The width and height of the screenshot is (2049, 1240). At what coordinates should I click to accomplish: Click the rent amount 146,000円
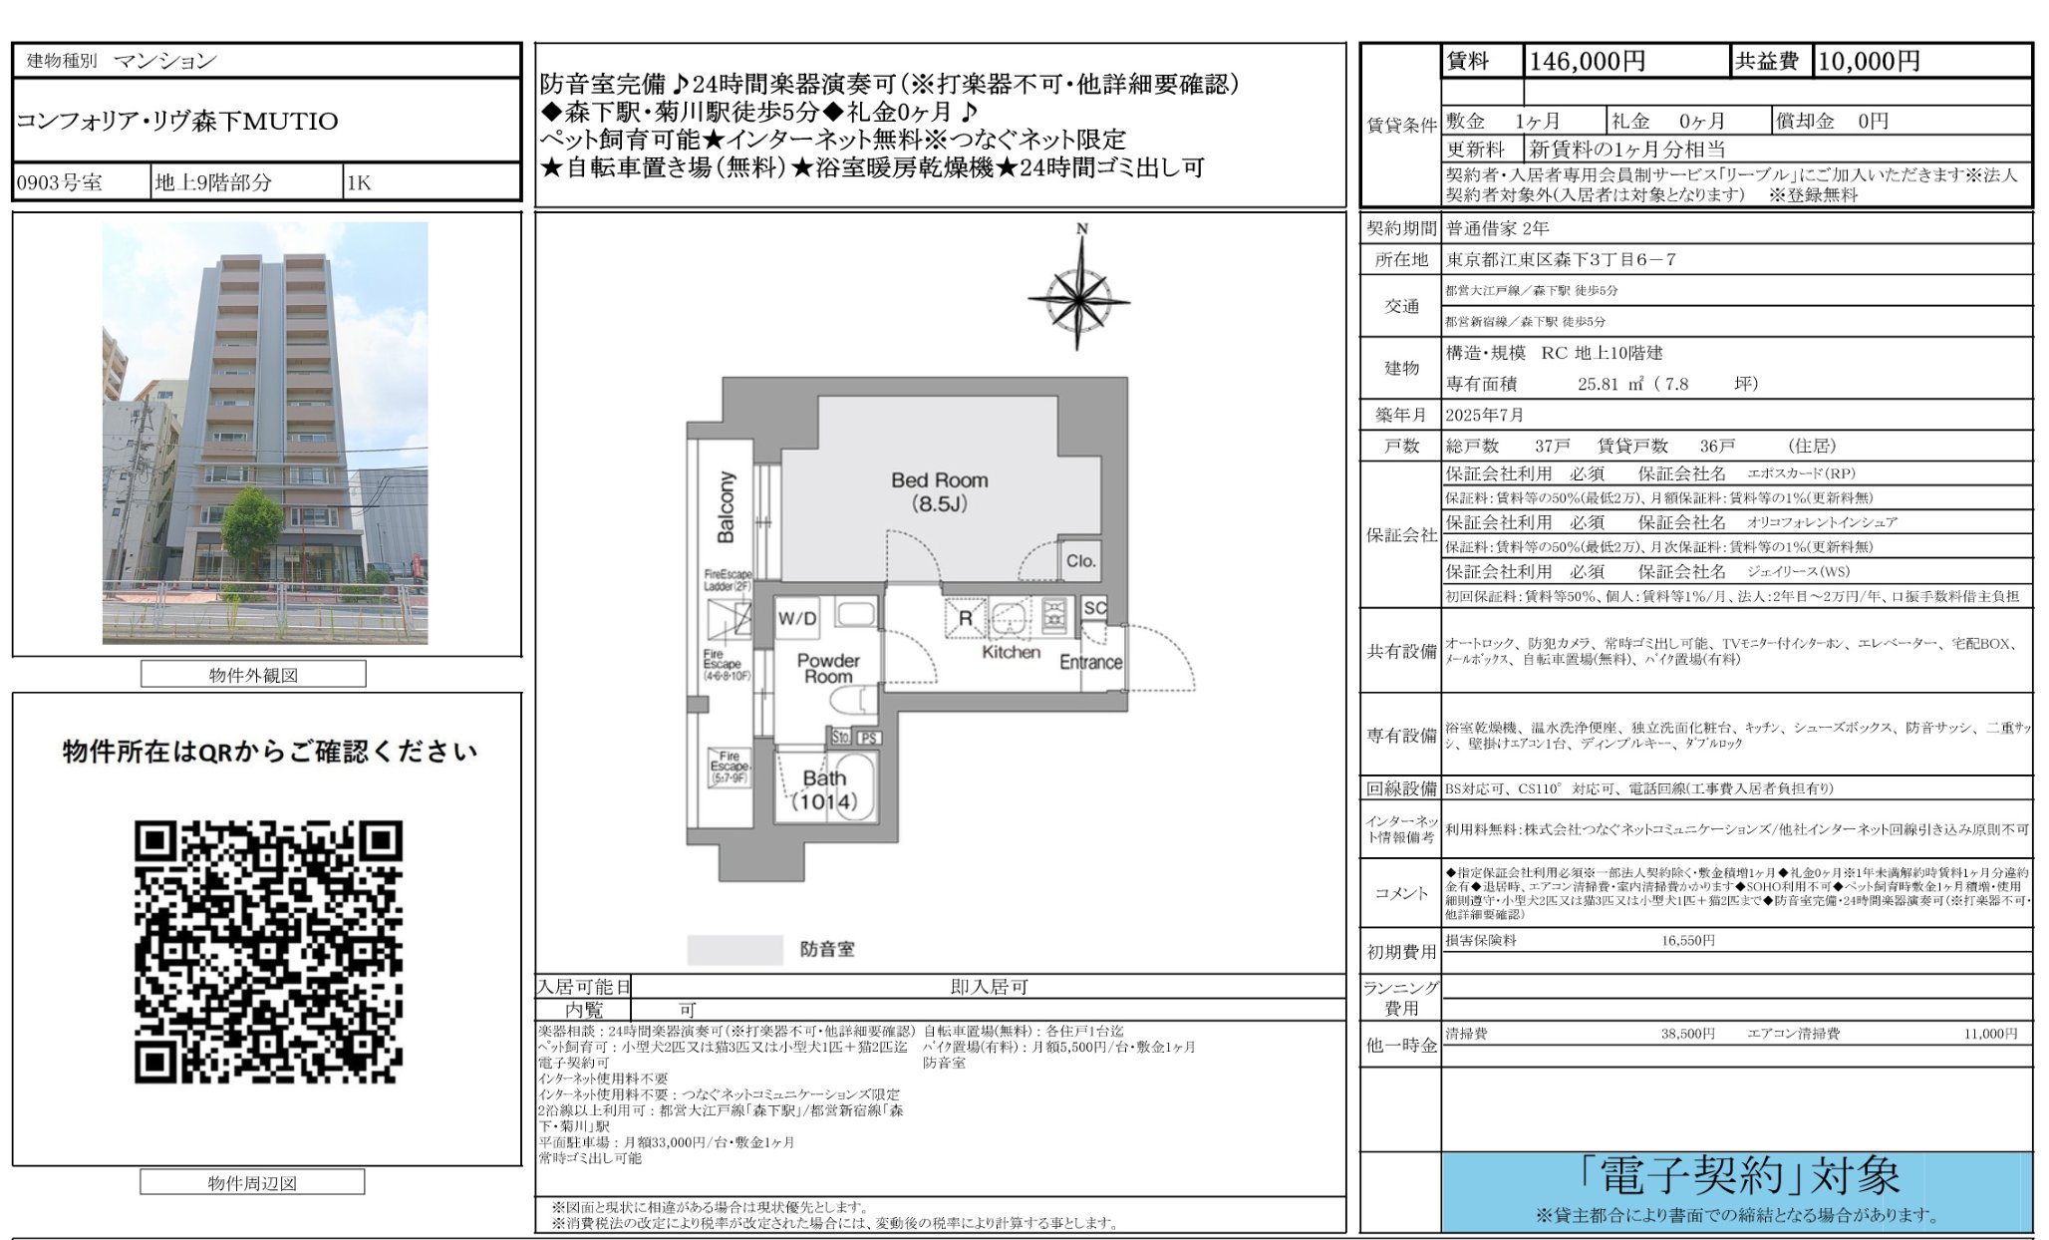(x=1587, y=62)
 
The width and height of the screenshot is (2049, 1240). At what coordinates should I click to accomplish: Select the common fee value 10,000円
(x=1869, y=62)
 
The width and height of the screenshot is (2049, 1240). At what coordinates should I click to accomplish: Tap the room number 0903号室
(x=60, y=183)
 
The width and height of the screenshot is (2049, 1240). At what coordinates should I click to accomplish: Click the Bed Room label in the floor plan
(x=939, y=491)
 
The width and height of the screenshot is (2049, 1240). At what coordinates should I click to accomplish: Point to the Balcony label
(x=726, y=507)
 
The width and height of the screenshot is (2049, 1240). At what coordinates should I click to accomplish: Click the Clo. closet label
(x=1080, y=561)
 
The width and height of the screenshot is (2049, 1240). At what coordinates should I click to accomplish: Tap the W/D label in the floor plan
(x=797, y=618)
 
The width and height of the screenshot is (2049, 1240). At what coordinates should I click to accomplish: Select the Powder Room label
(x=827, y=668)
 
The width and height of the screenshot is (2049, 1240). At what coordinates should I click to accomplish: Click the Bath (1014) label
(x=825, y=789)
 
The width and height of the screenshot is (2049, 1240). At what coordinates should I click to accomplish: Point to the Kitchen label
(x=1011, y=652)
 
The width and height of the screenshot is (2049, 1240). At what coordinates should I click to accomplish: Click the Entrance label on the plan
(x=1090, y=662)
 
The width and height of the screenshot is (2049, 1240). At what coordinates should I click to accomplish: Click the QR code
(x=268, y=952)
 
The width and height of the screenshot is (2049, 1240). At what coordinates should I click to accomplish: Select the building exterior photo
(x=265, y=433)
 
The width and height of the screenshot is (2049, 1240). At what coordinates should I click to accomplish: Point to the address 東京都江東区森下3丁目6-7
(x=1561, y=260)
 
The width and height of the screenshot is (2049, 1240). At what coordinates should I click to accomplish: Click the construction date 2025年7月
(x=1484, y=415)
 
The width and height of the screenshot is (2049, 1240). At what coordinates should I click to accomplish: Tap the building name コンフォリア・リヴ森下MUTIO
(x=177, y=122)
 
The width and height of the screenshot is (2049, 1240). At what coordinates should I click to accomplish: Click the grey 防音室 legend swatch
(x=735, y=949)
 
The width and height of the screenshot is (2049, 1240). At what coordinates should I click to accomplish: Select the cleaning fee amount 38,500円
(x=1687, y=1034)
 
